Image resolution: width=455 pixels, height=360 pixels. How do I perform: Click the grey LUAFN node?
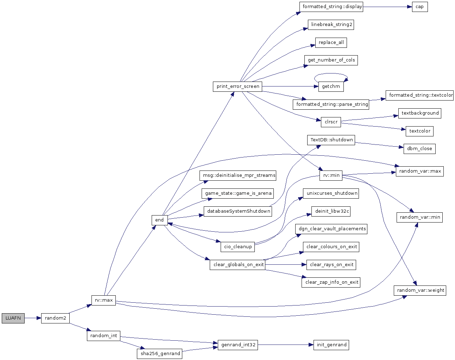coord(13,318)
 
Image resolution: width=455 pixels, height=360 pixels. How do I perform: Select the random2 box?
coord(55,318)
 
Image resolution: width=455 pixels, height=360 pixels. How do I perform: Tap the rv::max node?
coord(103,300)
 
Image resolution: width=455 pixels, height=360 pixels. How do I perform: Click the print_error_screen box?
coord(238,86)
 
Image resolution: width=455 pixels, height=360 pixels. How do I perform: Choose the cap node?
coord(420,7)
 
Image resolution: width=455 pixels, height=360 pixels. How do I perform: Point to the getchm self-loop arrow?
coord(331,74)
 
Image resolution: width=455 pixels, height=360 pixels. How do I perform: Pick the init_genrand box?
coord(331,345)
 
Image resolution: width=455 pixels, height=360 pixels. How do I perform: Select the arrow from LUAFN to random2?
coord(33,318)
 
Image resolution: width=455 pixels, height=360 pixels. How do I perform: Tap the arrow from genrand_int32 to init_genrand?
coord(286,345)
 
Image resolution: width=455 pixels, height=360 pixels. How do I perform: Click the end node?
coord(160,220)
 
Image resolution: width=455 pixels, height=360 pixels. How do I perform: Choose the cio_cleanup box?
coord(238,247)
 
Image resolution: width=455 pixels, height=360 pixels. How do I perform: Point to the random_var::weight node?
coord(420,290)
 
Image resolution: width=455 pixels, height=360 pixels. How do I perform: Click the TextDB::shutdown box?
coord(331,140)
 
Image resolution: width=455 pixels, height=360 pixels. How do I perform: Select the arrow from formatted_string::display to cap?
coord(387,7)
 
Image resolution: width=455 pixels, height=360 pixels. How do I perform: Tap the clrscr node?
coord(331,122)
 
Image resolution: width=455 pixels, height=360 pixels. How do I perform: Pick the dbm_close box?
coord(419,149)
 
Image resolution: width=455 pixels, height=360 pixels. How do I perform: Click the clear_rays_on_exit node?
coord(331,265)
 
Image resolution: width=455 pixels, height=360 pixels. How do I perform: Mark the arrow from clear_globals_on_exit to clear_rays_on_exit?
coord(286,264)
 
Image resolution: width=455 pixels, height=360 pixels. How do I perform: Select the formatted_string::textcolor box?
coord(419,96)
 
